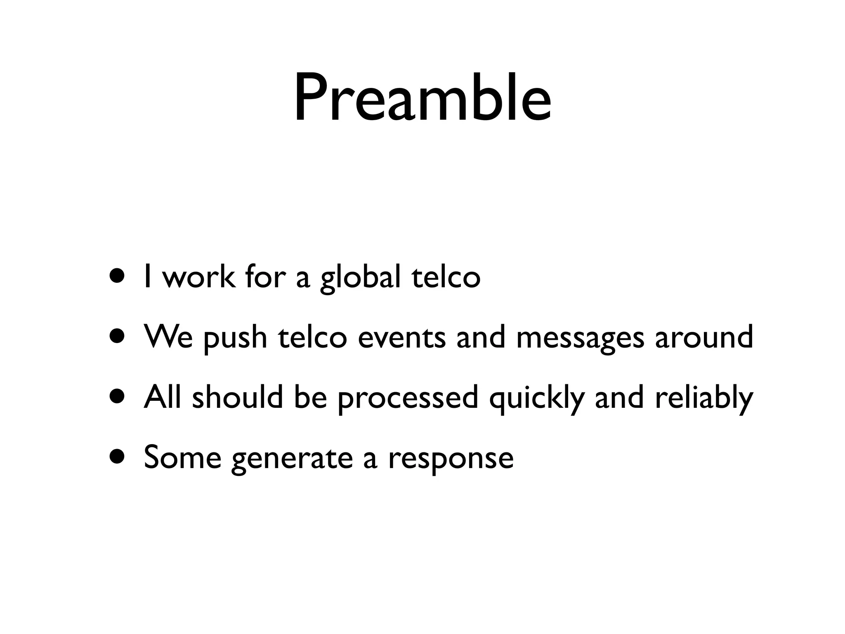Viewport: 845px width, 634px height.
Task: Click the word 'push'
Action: coord(236,338)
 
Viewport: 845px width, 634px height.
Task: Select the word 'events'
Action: coord(401,338)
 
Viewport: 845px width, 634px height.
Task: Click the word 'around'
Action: coord(704,337)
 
